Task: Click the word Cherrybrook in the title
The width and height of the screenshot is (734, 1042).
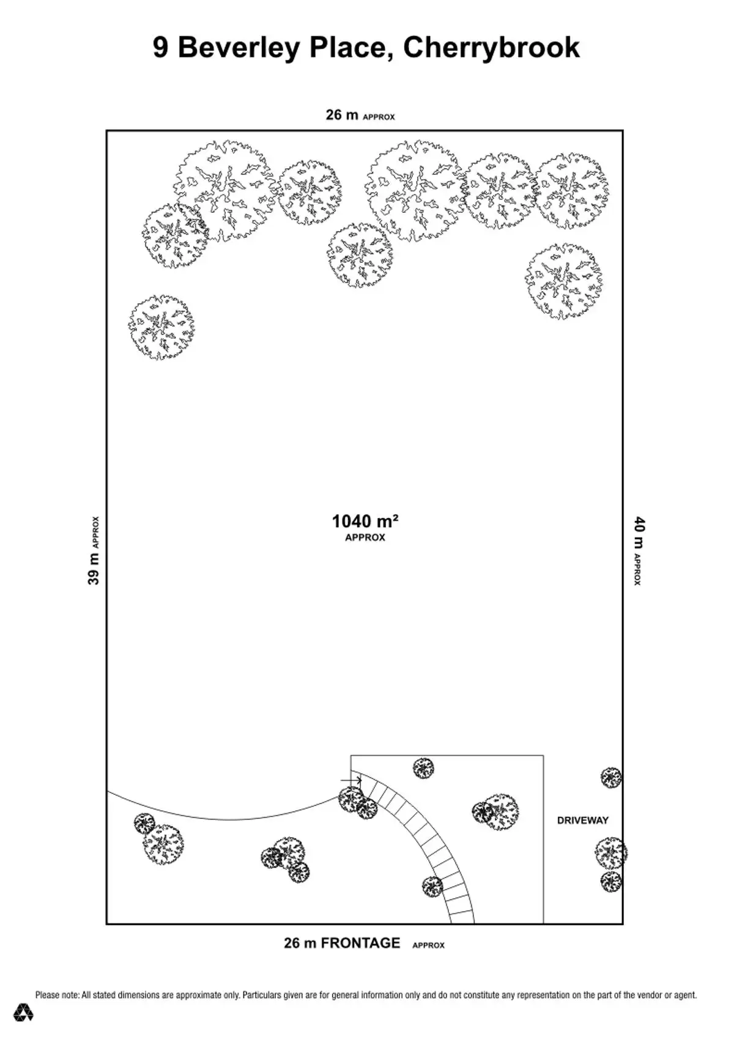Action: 491,48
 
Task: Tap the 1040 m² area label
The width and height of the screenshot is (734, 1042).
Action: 365,521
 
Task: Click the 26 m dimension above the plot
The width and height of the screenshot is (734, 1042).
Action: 342,114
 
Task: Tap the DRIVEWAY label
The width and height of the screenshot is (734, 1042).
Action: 583,820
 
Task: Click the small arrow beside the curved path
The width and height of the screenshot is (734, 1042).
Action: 351,780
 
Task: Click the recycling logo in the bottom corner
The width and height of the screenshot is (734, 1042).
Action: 23,1012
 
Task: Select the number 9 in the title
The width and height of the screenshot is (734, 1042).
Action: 161,48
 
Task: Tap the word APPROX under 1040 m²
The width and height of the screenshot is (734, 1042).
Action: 365,538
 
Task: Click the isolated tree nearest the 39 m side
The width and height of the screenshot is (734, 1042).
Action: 161,327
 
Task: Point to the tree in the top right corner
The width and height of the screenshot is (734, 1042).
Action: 572,191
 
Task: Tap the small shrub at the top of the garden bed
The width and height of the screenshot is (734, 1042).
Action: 423,768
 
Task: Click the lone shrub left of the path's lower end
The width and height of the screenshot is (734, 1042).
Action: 432,887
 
